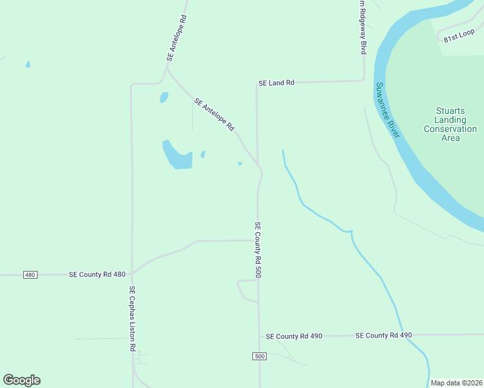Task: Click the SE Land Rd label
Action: click(x=276, y=83)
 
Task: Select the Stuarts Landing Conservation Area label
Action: click(x=450, y=125)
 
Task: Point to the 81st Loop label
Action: click(x=459, y=38)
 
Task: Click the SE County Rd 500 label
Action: click(x=258, y=250)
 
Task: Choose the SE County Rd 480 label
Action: click(x=97, y=275)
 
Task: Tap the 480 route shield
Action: click(x=30, y=275)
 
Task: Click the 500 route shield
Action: click(x=259, y=357)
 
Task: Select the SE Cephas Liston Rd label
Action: click(x=132, y=318)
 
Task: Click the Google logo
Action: click(x=21, y=380)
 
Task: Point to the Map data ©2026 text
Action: click(x=456, y=383)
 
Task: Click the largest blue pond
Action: click(x=177, y=156)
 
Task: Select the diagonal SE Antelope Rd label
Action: click(x=214, y=114)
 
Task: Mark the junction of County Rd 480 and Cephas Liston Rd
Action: click(x=132, y=274)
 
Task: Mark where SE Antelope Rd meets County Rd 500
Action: click(x=259, y=165)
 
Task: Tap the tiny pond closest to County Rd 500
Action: click(x=240, y=164)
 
